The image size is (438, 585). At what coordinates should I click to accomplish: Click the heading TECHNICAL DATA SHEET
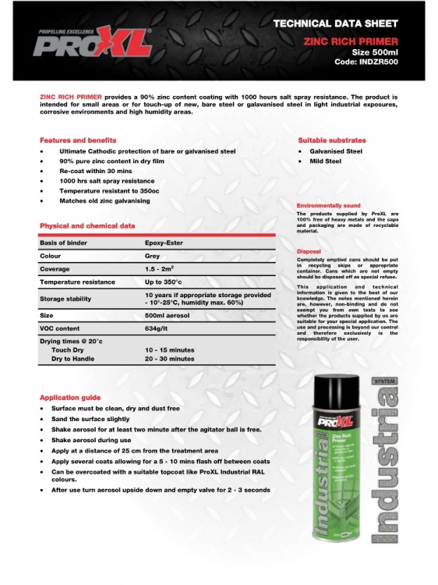[336, 24]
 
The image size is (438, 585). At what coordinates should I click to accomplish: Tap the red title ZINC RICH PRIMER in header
[351, 41]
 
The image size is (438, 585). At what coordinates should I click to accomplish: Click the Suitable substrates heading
[332, 140]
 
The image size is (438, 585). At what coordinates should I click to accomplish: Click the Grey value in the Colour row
[153, 256]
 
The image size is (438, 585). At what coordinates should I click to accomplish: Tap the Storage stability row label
[65, 299]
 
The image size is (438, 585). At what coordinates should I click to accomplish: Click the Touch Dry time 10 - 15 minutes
[170, 350]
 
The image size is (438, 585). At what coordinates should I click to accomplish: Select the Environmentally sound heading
[329, 205]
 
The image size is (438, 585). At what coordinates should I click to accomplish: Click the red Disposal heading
[309, 251]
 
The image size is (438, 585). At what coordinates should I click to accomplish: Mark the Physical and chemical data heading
[87, 226]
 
